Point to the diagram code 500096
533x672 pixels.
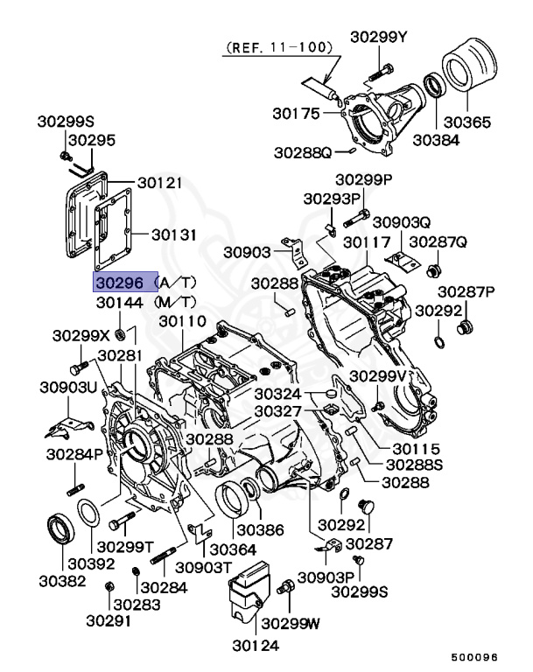474,657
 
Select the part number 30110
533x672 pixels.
183,322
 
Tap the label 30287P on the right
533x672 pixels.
466,291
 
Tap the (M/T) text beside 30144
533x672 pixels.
175,302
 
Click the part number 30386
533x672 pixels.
260,530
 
